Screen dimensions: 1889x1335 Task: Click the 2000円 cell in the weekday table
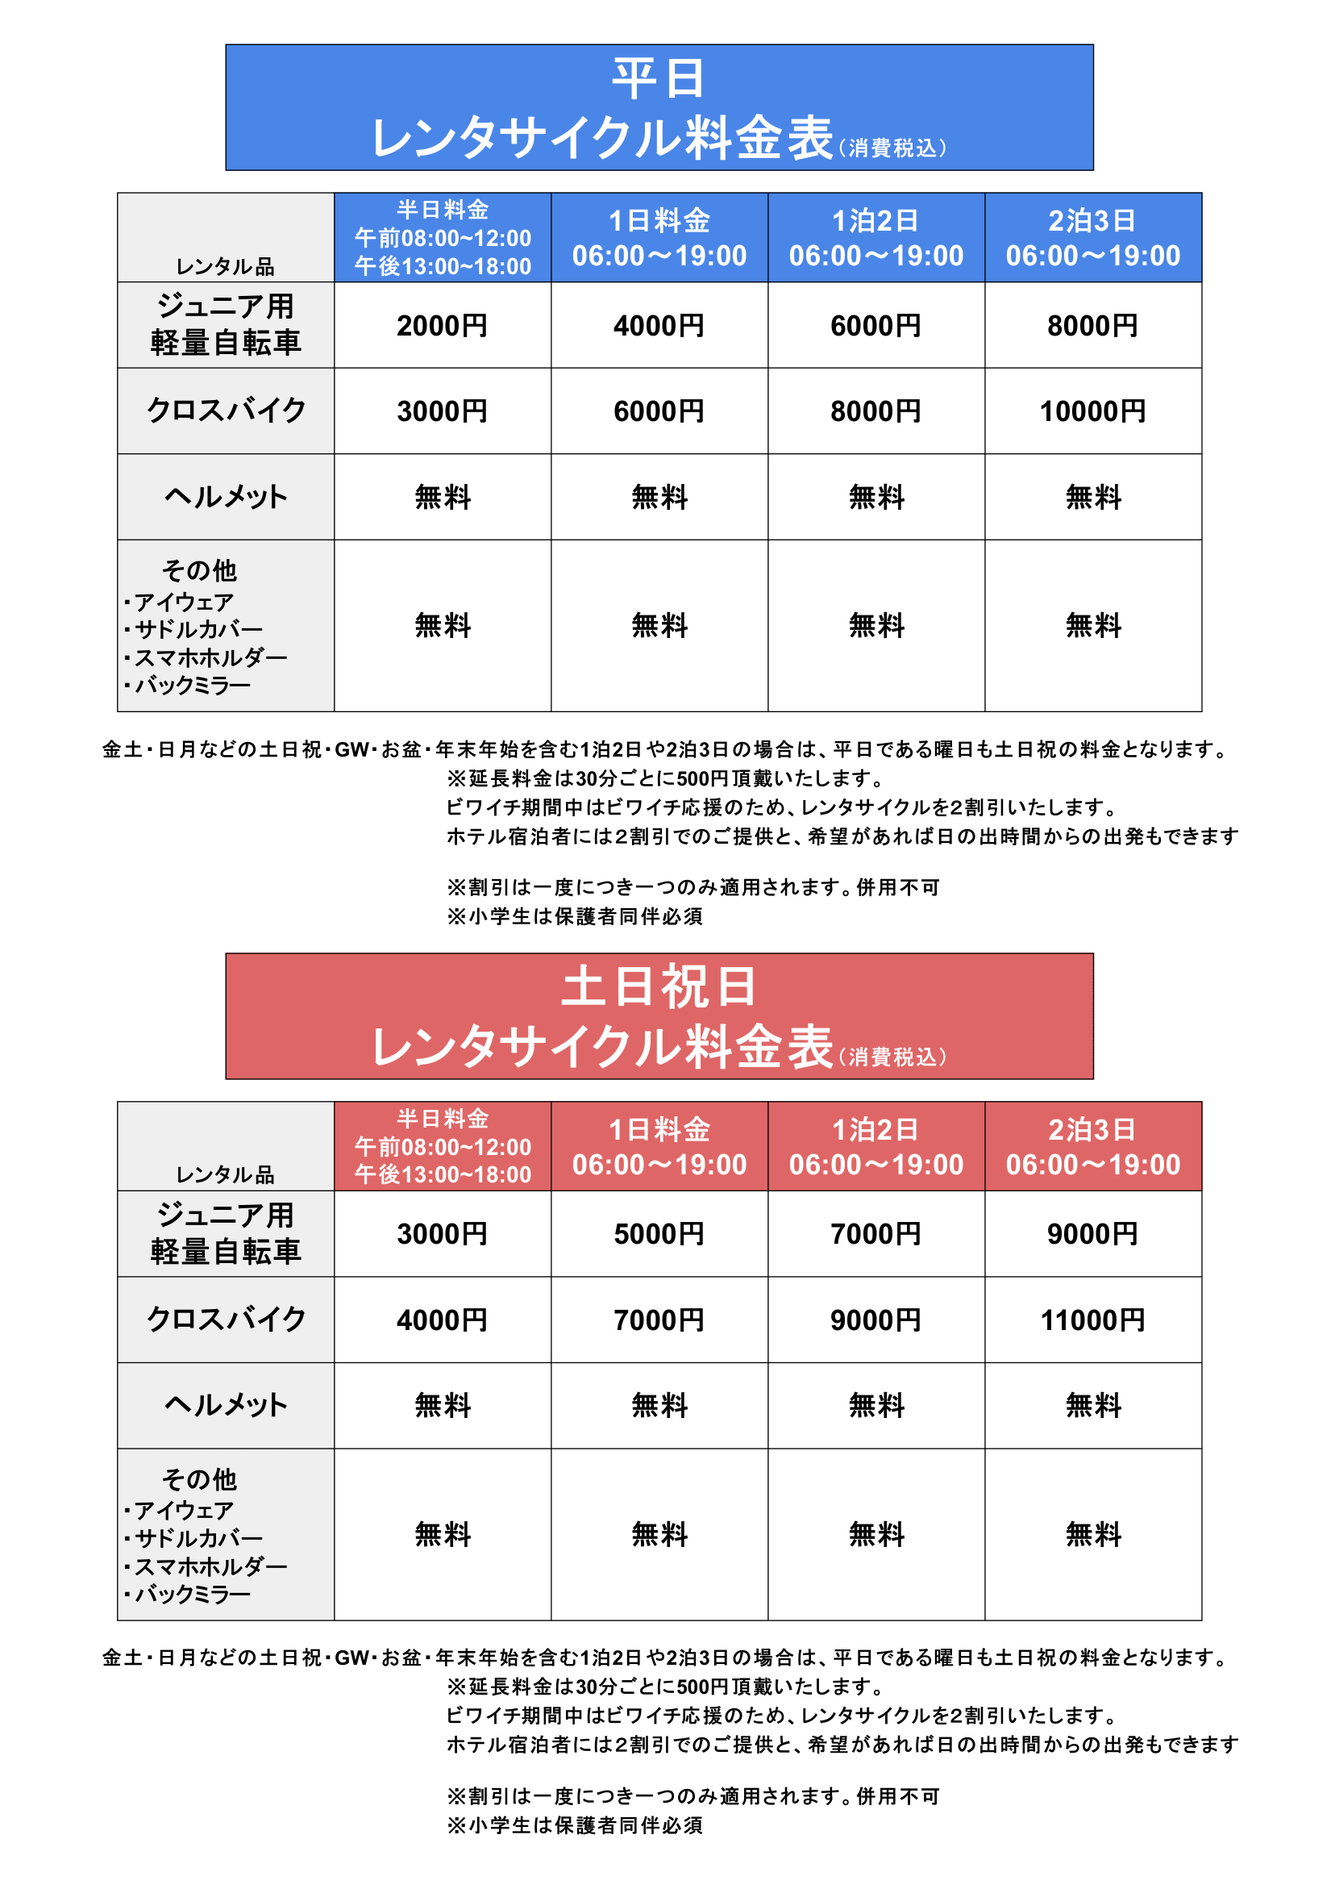pyautogui.click(x=442, y=326)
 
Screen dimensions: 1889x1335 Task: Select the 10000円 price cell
pyautogui.click(x=1092, y=411)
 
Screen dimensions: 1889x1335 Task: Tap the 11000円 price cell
pyautogui.click(x=1092, y=1320)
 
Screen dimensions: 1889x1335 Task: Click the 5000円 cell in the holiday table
pyautogui.click(x=659, y=1234)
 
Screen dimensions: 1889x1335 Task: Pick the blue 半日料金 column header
pyautogui.click(x=442, y=238)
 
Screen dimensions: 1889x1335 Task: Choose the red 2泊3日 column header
pyautogui.click(x=1092, y=1146)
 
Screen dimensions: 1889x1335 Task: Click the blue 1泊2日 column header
pyautogui.click(x=875, y=238)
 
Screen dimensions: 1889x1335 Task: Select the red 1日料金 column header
pyautogui.click(x=659, y=1146)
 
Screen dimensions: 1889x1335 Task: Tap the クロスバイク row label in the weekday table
pyautogui.click(x=226, y=411)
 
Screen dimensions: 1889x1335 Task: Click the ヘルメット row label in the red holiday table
pyautogui.click(x=226, y=1405)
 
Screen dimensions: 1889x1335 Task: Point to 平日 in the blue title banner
pyautogui.click(x=659, y=79)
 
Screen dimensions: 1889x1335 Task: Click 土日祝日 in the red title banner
pyautogui.click(x=659, y=986)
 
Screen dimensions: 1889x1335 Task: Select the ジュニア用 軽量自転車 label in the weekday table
pyautogui.click(x=226, y=325)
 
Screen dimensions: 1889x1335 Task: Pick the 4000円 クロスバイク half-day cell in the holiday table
pyautogui.click(x=442, y=1320)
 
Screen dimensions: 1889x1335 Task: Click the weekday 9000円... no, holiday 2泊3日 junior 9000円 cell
pyautogui.click(x=1092, y=1234)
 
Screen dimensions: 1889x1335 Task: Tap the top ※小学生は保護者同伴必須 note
pyautogui.click(x=574, y=916)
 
